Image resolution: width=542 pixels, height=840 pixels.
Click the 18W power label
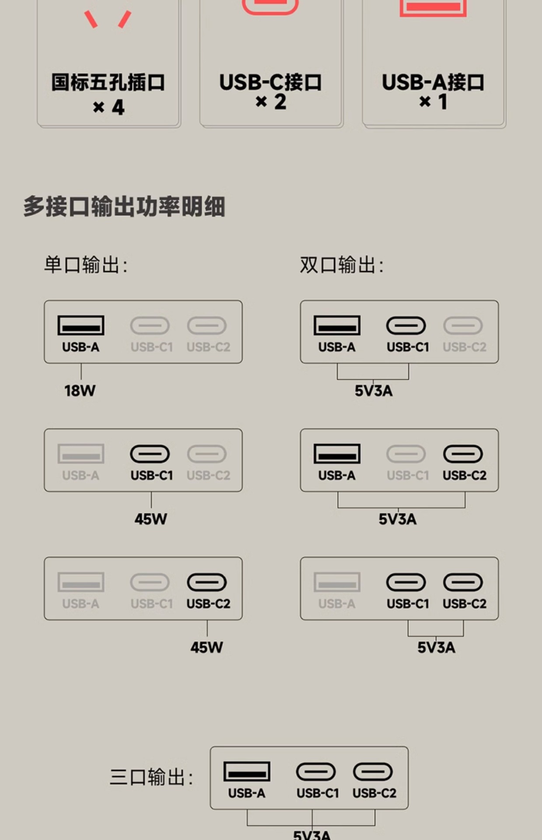(80, 391)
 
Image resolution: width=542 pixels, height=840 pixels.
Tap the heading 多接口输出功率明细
(125, 206)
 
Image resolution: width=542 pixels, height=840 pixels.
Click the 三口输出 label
(151, 777)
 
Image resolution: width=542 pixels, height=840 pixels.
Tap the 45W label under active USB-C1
(151, 519)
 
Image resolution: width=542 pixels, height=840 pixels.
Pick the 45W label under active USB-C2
(207, 647)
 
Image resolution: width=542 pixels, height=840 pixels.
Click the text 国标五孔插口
(108, 82)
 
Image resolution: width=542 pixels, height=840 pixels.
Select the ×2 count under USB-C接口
(271, 102)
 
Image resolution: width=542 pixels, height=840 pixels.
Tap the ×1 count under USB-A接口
(433, 102)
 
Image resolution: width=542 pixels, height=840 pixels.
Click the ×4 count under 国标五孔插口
(109, 107)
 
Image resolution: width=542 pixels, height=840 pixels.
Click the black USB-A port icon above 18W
(81, 325)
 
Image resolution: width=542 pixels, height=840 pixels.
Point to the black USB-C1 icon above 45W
(150, 454)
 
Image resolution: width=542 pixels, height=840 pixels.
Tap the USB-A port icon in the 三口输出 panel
(247, 772)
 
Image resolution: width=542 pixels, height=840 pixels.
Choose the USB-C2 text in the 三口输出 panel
(375, 793)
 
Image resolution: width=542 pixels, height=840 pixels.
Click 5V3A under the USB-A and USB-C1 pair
(374, 391)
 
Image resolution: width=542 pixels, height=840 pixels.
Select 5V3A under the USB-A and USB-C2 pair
(398, 519)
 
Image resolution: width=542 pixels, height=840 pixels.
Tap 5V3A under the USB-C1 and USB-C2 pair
(436, 647)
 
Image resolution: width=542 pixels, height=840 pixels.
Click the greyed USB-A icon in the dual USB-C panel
(337, 582)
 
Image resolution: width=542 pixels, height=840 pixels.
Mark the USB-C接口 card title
(271, 82)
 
